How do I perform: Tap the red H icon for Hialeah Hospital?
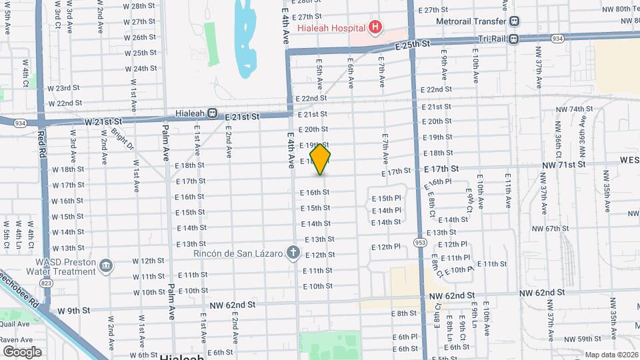pyautogui.click(x=375, y=28)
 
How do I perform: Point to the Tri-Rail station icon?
pyautogui.click(x=513, y=38)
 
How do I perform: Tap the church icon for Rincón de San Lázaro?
pyautogui.click(x=292, y=252)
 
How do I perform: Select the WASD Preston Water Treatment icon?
pyautogui.click(x=106, y=267)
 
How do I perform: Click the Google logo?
pyautogui.click(x=22, y=351)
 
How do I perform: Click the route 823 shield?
pyautogui.click(x=46, y=283)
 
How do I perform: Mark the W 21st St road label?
pyautogui.click(x=103, y=122)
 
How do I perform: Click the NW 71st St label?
pyautogui.click(x=563, y=164)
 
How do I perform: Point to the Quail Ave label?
pyautogui.click(x=15, y=324)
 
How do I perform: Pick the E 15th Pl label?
pyautogui.click(x=386, y=198)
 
